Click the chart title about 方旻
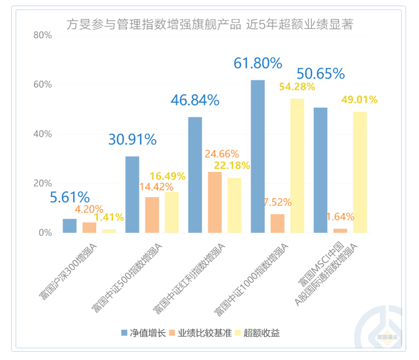[x=209, y=24]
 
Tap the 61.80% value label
[x=258, y=64]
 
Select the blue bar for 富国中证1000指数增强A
[x=258, y=156]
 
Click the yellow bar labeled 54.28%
[x=297, y=165]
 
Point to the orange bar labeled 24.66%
[x=215, y=202]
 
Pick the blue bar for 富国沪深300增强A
[x=69, y=225]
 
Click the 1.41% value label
[x=109, y=217]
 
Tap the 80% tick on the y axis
[x=43, y=35]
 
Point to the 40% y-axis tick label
[x=43, y=134]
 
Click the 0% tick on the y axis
[x=45, y=233]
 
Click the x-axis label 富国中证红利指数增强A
[x=190, y=276]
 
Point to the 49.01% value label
[x=359, y=100]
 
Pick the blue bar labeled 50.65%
[x=321, y=170]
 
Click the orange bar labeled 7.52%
[x=278, y=223]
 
